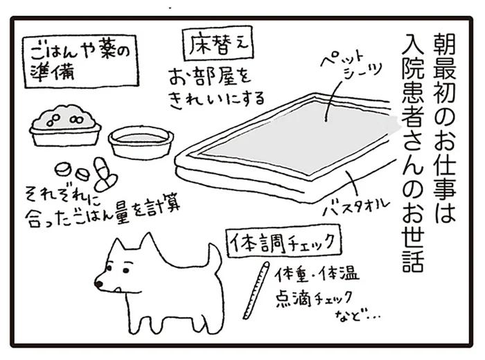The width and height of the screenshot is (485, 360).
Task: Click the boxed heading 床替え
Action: pyautogui.click(x=218, y=46)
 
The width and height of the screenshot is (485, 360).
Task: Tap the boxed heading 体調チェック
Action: pyautogui.click(x=283, y=242)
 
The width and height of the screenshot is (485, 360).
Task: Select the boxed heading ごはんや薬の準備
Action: pyautogui.click(x=80, y=61)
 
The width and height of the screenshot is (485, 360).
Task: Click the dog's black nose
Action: pyautogui.click(x=99, y=283)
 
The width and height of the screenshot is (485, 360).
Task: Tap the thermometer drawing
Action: pyautogui.click(x=256, y=291)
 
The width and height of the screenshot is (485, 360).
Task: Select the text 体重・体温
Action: pyautogui.click(x=318, y=273)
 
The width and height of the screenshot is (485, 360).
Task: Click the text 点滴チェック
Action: pyautogui.click(x=313, y=298)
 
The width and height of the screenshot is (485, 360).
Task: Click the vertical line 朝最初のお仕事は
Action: pyautogui.click(x=445, y=127)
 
